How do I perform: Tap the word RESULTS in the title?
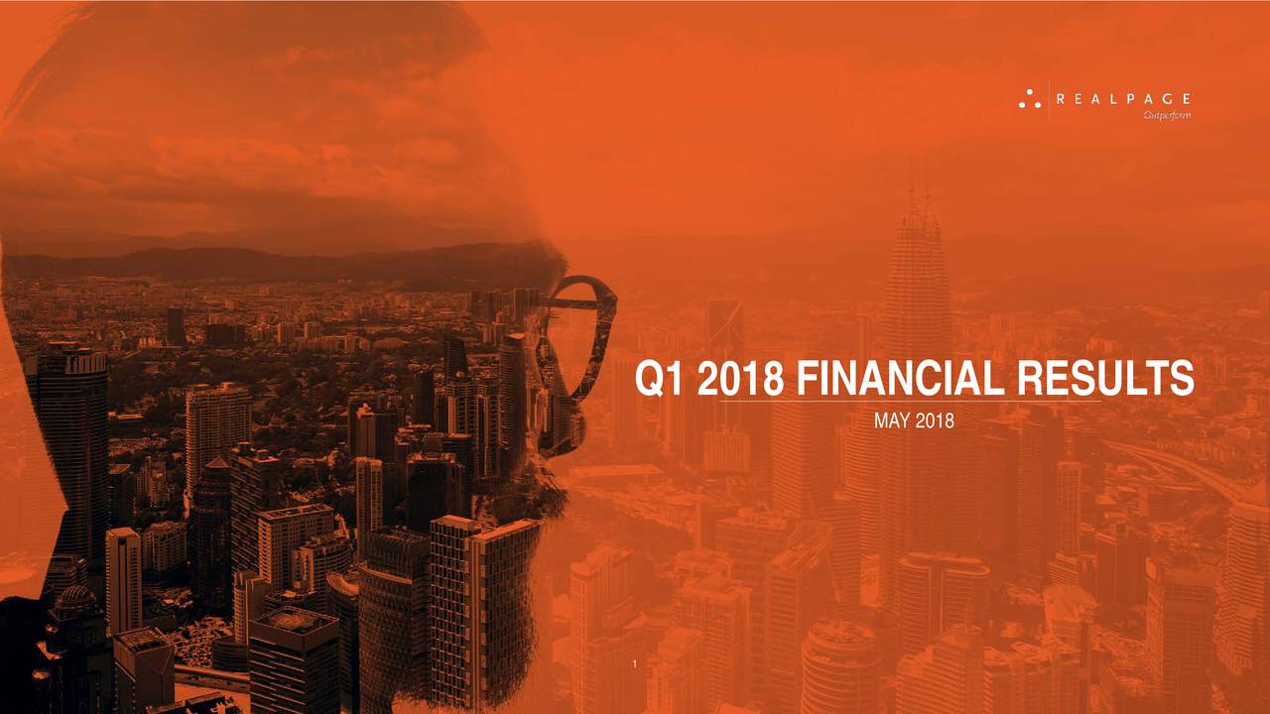(1105, 378)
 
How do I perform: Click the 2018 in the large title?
(740, 378)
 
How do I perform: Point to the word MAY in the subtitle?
(892, 421)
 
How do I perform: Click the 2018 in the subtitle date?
(935, 421)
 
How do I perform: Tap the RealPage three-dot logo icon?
(1030, 99)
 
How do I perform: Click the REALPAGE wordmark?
(1123, 99)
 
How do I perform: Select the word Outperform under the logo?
(1167, 116)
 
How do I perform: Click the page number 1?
(634, 664)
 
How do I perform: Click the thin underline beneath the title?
(910, 402)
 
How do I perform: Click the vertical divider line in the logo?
(1049, 99)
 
